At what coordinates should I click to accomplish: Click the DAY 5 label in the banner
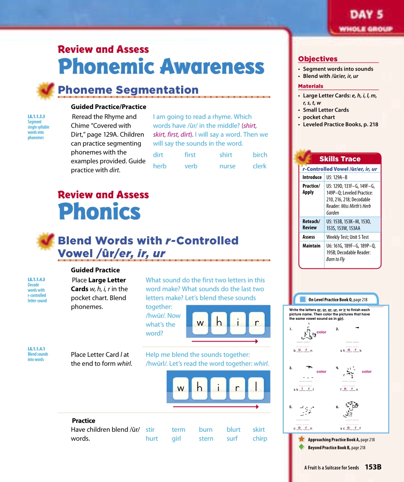point(367,15)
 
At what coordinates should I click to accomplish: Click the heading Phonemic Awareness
point(161,67)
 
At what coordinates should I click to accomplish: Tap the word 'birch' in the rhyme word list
point(260,155)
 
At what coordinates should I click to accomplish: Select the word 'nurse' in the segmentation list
point(227,166)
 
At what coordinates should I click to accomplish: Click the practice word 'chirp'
point(260,439)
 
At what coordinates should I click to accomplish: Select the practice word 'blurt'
point(233,430)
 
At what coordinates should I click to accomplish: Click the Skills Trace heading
point(339,159)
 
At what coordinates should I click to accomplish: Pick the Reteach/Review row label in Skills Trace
point(311,224)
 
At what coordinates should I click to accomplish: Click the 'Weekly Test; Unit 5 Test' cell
point(347,237)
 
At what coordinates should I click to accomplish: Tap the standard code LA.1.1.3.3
point(36,116)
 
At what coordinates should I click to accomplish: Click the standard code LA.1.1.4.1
point(36,349)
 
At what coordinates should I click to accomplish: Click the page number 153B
point(373,467)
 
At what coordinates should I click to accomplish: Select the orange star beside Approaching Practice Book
point(302,439)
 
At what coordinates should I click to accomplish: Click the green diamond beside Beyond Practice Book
point(302,447)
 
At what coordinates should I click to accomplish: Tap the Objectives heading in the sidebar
point(318,59)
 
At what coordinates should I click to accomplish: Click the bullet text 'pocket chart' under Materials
point(319,117)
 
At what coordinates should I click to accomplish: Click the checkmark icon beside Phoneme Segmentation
point(45,90)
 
